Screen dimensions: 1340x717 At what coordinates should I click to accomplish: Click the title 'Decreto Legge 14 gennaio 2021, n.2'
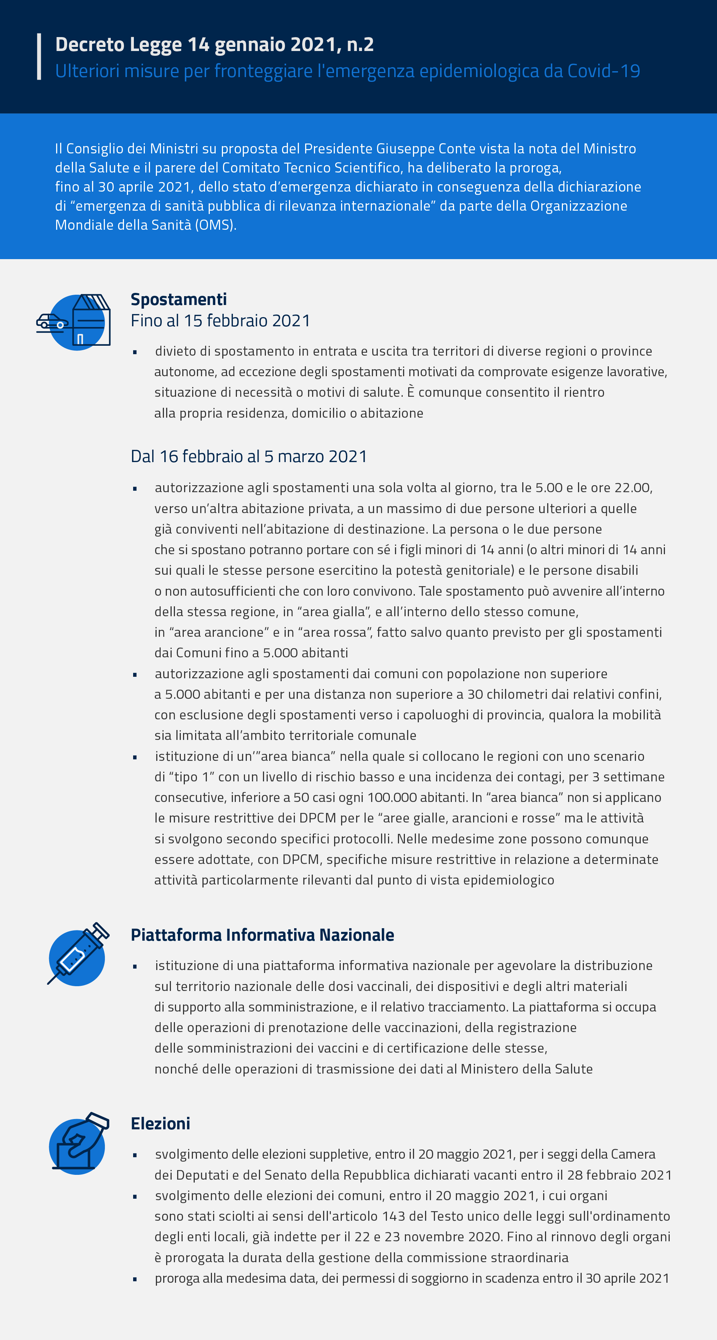(x=214, y=45)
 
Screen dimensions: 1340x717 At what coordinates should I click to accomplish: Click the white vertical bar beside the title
(x=39, y=57)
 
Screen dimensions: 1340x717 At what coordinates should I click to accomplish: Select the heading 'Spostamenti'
(x=178, y=299)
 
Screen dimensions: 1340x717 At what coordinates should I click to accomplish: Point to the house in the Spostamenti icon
(x=92, y=320)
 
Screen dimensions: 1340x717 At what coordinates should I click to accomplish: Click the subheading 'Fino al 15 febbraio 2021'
(x=220, y=321)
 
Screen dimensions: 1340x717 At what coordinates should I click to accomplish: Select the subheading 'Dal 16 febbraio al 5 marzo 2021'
(x=249, y=457)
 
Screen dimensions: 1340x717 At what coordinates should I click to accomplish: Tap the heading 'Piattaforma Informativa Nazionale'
(x=262, y=935)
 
